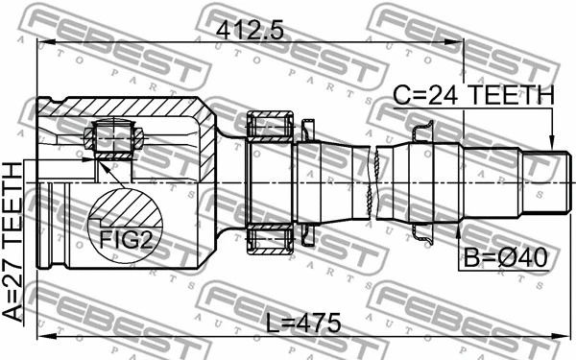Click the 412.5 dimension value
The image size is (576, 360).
(x=250, y=30)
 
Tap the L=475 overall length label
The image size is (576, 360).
(x=303, y=324)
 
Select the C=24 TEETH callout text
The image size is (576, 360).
(x=473, y=95)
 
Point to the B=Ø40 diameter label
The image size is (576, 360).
(x=506, y=257)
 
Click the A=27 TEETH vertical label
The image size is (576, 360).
(x=12, y=242)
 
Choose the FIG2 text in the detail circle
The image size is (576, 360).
(x=126, y=241)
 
